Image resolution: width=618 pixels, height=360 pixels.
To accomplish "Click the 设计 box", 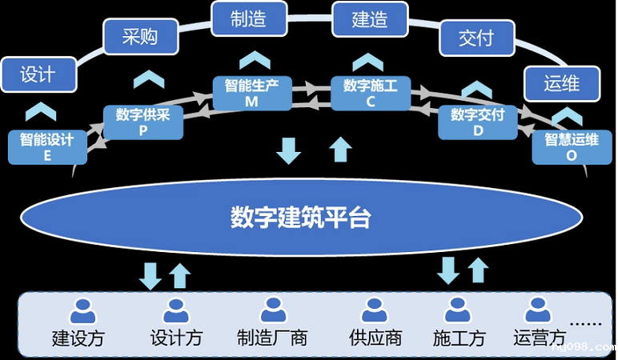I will pyautogui.click(x=38, y=74).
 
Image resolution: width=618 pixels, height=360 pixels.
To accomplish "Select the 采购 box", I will pyautogui.click(x=139, y=37).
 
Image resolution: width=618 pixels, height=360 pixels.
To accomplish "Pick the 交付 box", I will pyautogui.click(x=476, y=38).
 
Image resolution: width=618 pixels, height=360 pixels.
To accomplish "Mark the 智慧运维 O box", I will pyautogui.click(x=571, y=147).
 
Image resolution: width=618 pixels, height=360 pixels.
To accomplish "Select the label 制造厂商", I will pyautogui.click(x=272, y=338).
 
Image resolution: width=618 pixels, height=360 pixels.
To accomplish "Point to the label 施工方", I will pyautogui.click(x=459, y=338).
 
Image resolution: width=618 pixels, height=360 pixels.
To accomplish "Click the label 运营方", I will pyautogui.click(x=540, y=338).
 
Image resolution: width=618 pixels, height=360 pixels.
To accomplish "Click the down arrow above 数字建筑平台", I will pyautogui.click(x=287, y=150).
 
